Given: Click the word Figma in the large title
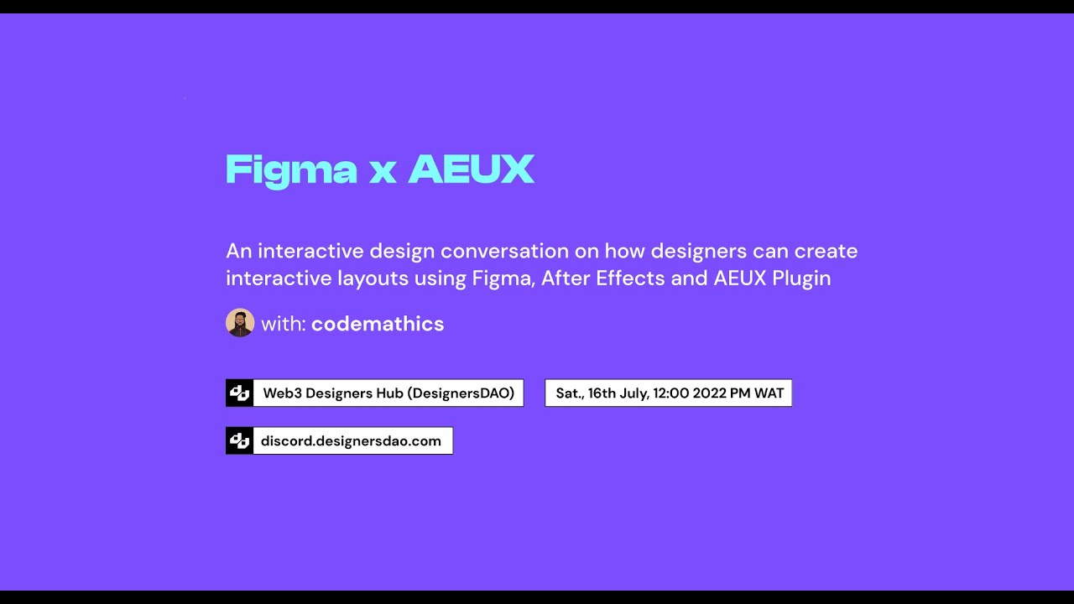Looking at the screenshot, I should click(291, 171).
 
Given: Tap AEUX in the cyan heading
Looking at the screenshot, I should click(471, 169).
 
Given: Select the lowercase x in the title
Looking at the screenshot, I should click(382, 172).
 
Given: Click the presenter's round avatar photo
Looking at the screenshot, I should click(240, 323).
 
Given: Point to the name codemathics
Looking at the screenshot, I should click(378, 324).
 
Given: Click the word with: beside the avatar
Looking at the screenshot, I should click(284, 324).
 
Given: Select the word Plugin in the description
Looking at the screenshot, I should click(801, 278).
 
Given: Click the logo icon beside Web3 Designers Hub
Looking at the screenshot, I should click(240, 393).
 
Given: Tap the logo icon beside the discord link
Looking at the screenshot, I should click(240, 440).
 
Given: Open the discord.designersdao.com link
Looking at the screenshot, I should click(351, 440).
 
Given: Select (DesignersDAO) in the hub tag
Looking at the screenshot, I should click(461, 393).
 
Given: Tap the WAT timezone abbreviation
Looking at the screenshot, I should click(769, 393).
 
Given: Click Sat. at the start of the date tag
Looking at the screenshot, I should click(569, 393).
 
